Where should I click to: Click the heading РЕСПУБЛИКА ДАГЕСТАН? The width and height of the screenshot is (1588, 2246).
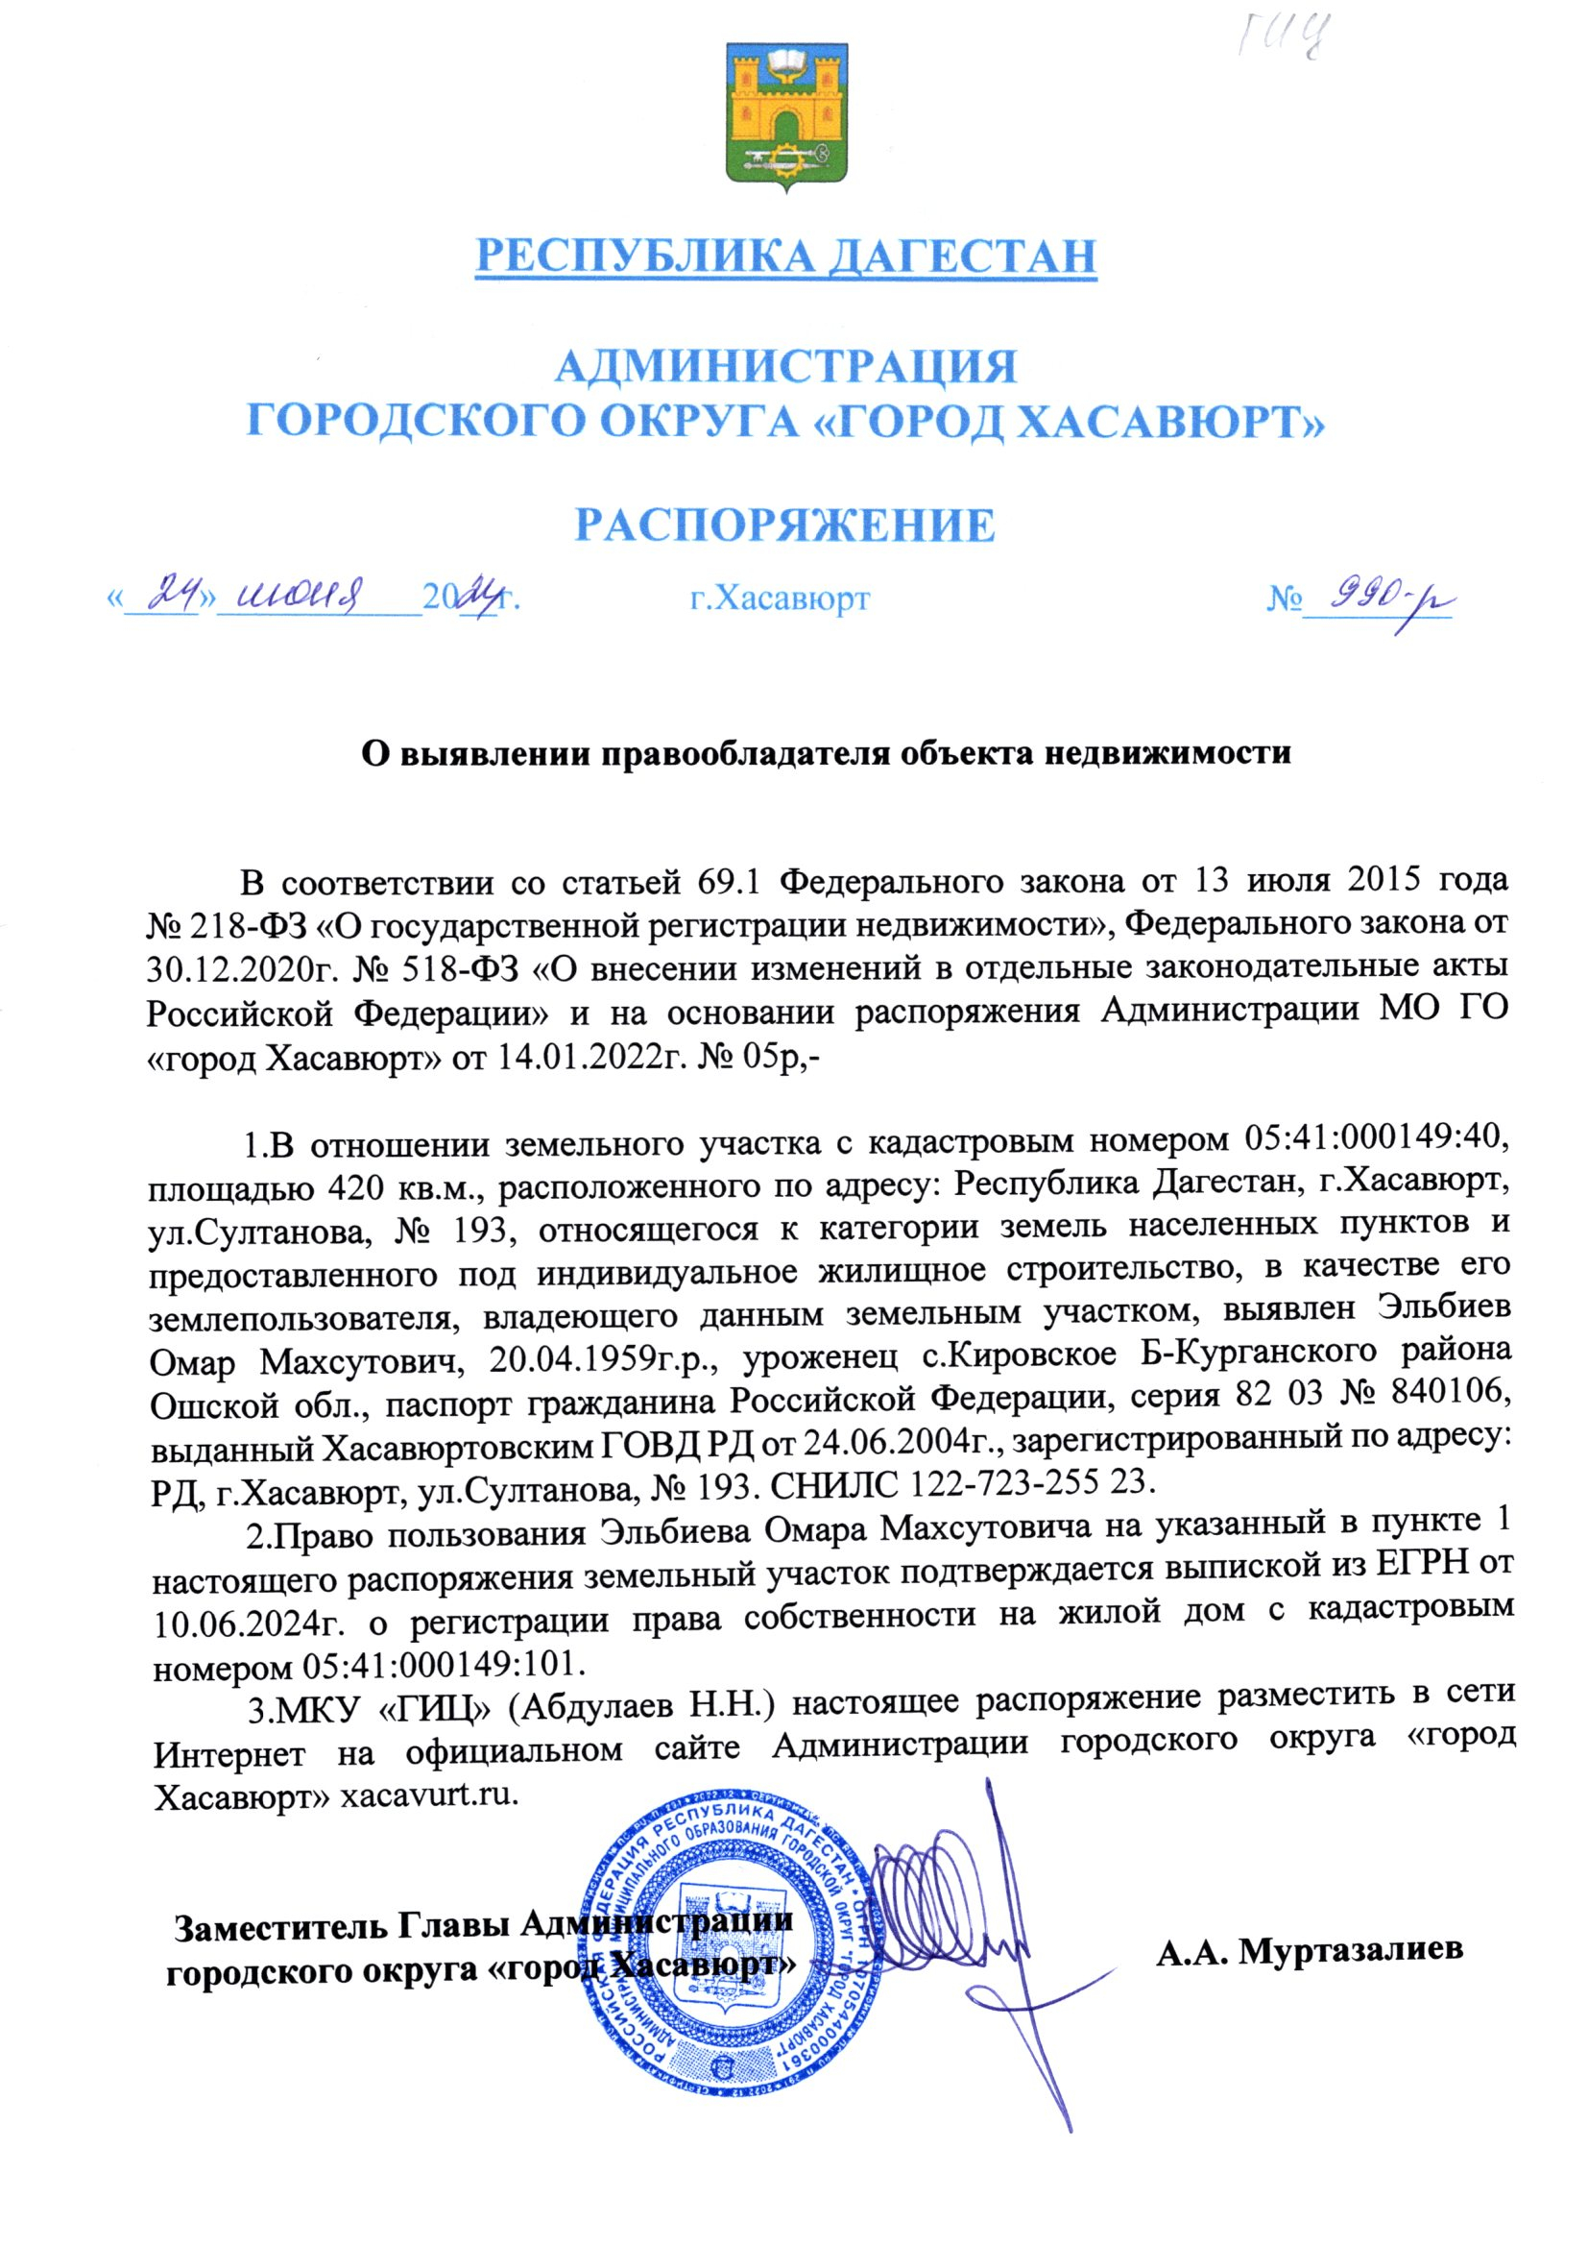(x=785, y=256)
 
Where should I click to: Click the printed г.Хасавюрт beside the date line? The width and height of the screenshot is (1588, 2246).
(x=780, y=597)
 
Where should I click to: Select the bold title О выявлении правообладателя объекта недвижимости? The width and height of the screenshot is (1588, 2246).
(x=828, y=753)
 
